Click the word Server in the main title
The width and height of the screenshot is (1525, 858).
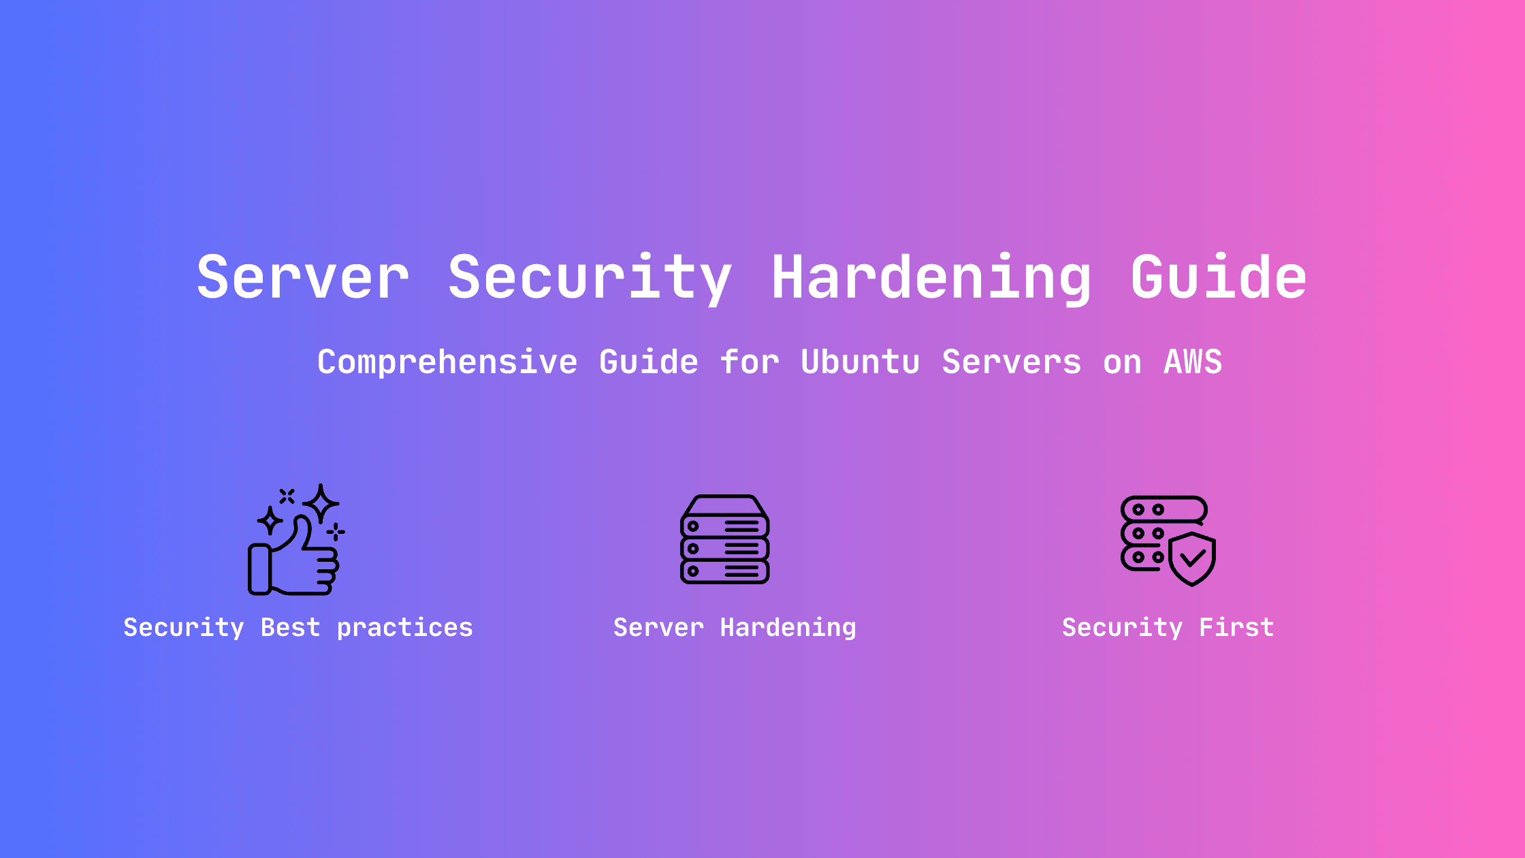pos(303,276)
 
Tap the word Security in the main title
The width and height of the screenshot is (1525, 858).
pos(590,279)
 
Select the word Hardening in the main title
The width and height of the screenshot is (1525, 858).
pos(932,279)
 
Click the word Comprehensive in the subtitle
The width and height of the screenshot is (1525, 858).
pos(447,362)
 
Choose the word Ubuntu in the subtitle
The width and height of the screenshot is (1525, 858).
pos(861,362)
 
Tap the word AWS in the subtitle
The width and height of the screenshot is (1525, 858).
pos(1193,362)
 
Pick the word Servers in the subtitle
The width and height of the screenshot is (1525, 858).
pos(1011,362)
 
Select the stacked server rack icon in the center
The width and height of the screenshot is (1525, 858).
pos(725,539)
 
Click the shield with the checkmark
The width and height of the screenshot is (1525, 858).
pos(1192,560)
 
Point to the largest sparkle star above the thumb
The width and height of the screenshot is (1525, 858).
pos(321,504)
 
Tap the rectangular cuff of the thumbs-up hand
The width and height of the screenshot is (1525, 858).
pos(259,569)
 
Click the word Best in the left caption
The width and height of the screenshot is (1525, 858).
pos(290,627)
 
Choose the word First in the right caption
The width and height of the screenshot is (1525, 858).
pos(1236,627)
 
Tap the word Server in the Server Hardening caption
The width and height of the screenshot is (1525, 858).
pos(658,627)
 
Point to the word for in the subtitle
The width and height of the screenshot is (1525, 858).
pos(750,362)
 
